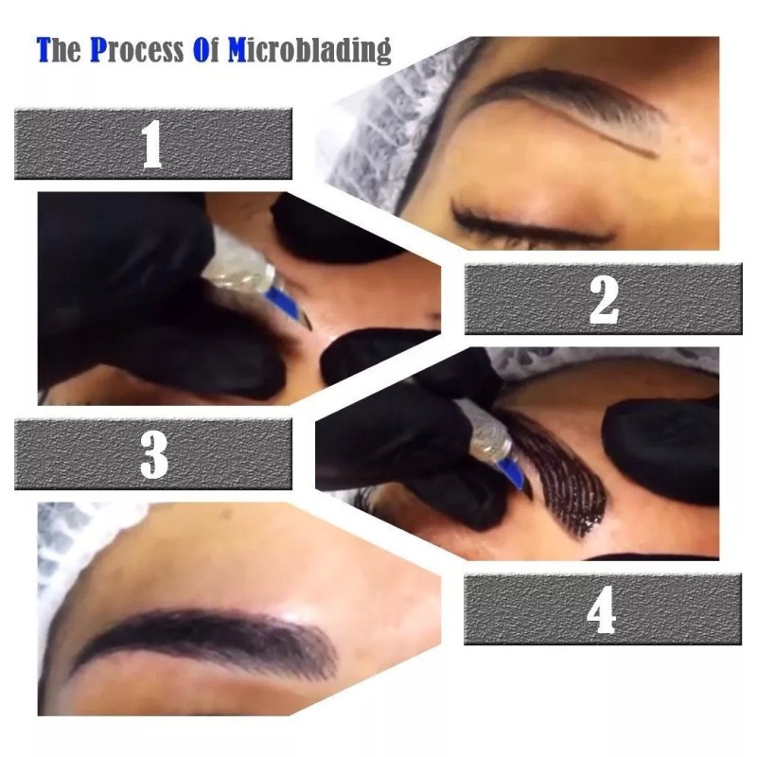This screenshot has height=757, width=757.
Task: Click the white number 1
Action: (x=151, y=144)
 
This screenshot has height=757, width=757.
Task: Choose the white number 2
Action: (x=603, y=299)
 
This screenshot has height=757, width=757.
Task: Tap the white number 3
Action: (x=153, y=453)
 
